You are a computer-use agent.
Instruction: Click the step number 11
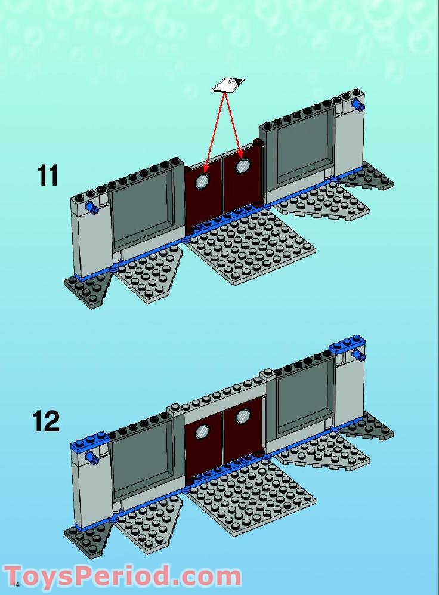pos(48,175)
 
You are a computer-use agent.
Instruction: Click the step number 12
pos(46,421)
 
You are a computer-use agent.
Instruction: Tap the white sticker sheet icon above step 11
pos(227,85)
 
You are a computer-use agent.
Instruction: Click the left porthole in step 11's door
pos(203,181)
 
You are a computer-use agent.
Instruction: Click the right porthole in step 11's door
pos(242,165)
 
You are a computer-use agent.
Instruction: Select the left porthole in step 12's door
pos(203,431)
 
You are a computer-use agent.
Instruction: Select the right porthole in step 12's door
pos(242,415)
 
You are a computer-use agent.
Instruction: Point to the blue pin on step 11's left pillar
pos(92,207)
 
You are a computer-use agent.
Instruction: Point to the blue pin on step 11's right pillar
pos(358,106)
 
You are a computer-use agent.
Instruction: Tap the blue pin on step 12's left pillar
pos(92,458)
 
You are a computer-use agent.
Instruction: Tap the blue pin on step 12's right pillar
pos(358,356)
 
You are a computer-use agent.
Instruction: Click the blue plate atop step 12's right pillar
pos(347,344)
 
